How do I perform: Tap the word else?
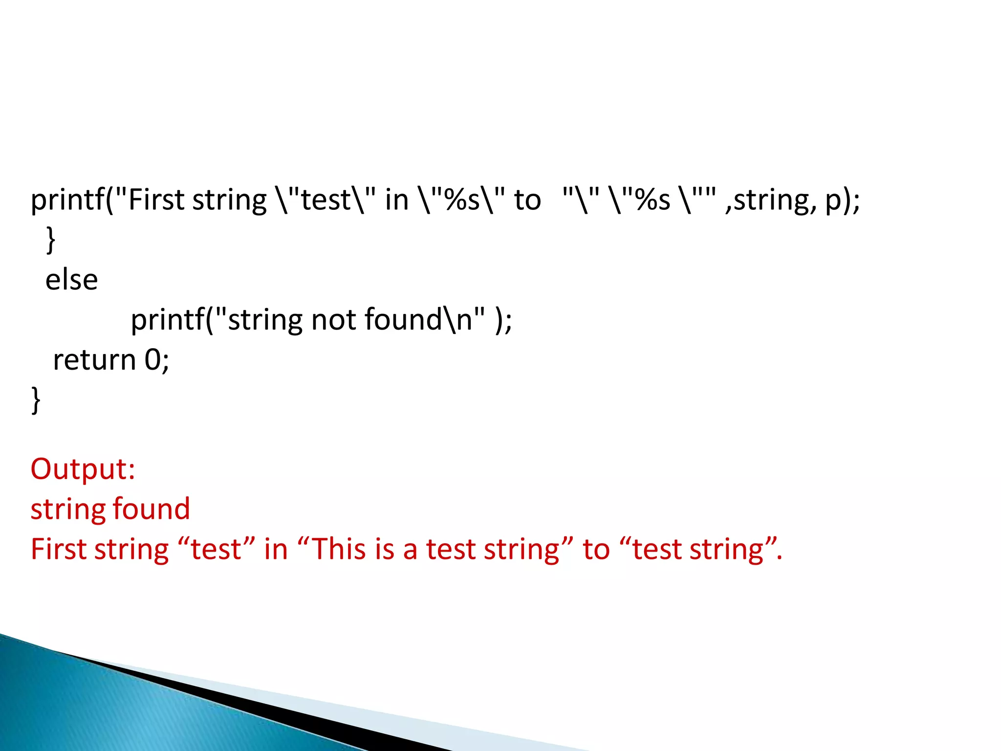click(71, 280)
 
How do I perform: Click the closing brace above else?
click(50, 240)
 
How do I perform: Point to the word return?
click(94, 360)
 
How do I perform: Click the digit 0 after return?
click(152, 360)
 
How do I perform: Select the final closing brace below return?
click(36, 400)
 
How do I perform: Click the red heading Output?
click(83, 469)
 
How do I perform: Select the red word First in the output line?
click(58, 549)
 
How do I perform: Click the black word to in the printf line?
click(527, 200)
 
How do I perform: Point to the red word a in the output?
click(410, 550)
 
